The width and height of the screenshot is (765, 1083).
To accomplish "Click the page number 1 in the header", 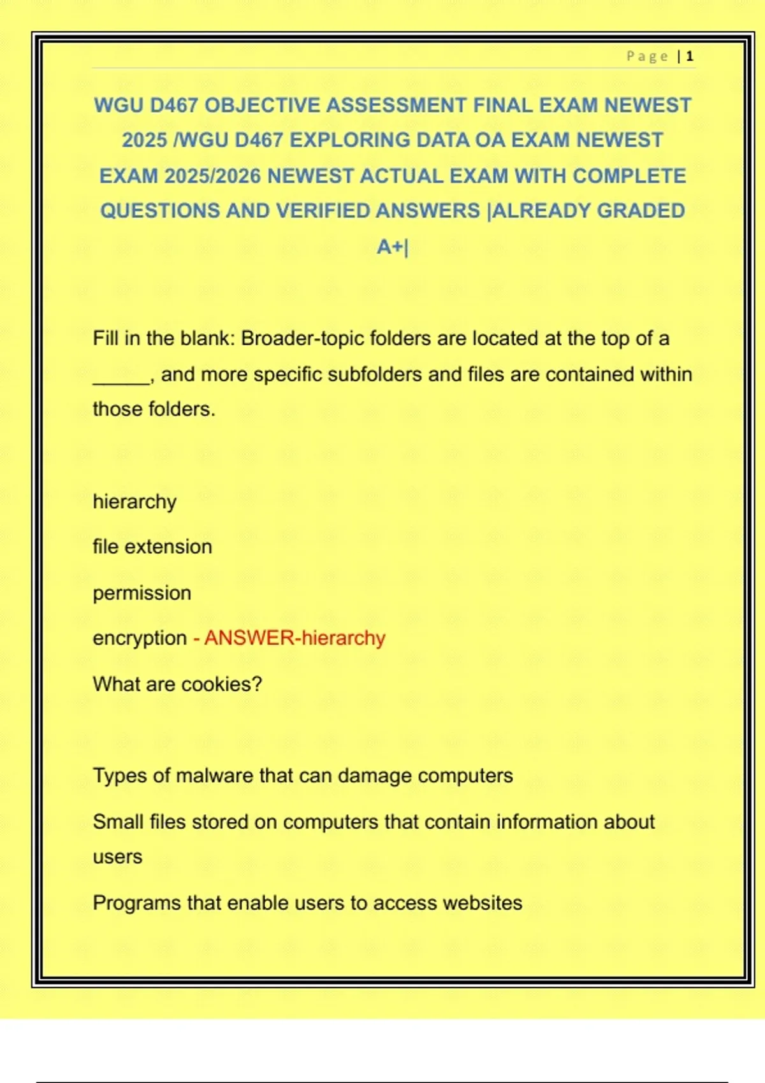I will point(690,57).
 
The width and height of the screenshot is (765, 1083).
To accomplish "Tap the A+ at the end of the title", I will point(390,247).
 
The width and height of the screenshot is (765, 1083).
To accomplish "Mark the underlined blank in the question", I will point(121,376).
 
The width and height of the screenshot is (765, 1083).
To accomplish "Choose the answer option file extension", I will point(152,547).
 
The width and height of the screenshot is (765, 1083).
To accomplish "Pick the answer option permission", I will point(142,593).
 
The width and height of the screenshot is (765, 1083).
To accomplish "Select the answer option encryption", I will point(140,638).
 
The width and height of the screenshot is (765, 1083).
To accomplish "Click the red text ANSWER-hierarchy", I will point(295,638).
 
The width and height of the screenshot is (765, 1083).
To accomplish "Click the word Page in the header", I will point(647,57).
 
